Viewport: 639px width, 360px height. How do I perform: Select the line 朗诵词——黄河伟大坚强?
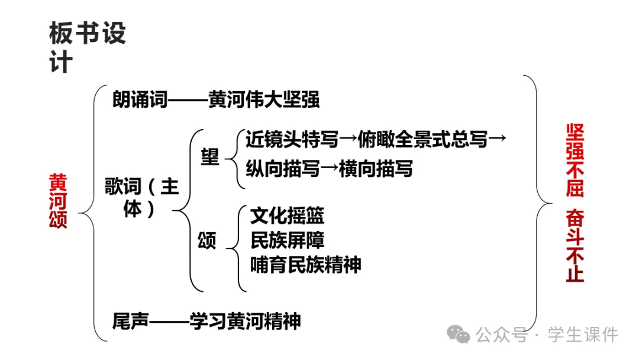pos(216,99)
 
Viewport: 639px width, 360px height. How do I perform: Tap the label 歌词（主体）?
pos(142,198)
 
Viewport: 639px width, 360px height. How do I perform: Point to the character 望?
pos(209,156)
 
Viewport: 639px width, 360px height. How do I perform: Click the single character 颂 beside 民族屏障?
pos(207,240)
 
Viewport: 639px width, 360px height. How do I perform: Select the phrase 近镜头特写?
pos(292,139)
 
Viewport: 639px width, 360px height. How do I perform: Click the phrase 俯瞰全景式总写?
pos(423,139)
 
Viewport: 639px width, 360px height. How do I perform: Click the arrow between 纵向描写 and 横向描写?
pos(330,169)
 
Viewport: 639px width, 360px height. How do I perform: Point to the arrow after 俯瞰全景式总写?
pos(498,139)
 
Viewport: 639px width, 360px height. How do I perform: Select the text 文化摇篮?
pos(287,216)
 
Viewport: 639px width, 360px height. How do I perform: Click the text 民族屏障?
pos(287,240)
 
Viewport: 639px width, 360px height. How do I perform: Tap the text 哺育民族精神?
pos(305,264)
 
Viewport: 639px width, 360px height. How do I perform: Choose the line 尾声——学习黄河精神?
pos(206,321)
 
